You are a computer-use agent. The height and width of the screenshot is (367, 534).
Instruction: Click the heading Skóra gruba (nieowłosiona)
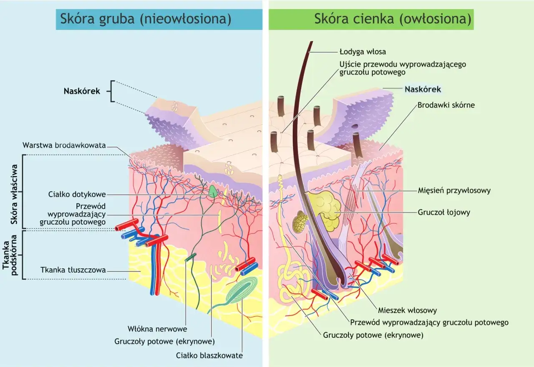pyautogui.click(x=146, y=19)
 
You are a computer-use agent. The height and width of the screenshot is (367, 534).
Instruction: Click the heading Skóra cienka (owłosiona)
pyautogui.click(x=393, y=19)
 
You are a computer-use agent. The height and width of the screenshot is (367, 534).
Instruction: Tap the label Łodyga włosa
pyautogui.click(x=363, y=52)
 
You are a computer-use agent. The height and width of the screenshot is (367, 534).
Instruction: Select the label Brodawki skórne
pyautogui.click(x=446, y=105)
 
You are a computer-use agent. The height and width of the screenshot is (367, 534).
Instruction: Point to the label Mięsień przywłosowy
pyautogui.click(x=454, y=190)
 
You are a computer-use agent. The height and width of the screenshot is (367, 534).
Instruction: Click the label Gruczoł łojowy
pyautogui.click(x=444, y=212)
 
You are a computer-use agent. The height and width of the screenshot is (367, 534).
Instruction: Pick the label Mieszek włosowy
pyautogui.click(x=408, y=310)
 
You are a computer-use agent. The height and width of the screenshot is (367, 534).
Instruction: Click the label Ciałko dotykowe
pyautogui.click(x=77, y=194)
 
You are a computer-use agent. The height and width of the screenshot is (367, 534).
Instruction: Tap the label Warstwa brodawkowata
pyautogui.click(x=64, y=145)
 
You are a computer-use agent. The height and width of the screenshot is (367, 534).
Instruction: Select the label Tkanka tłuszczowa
pyautogui.click(x=73, y=270)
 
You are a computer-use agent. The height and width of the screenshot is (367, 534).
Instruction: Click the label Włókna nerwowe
pyautogui.click(x=157, y=329)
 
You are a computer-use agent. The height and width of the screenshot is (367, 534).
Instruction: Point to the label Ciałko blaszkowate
pyautogui.click(x=209, y=355)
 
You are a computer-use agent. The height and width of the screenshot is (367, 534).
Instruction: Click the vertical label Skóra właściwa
pyautogui.click(x=14, y=194)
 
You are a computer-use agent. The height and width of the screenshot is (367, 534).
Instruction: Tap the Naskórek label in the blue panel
pyautogui.click(x=82, y=91)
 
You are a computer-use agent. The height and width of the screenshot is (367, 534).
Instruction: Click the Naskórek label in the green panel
pyautogui.click(x=423, y=89)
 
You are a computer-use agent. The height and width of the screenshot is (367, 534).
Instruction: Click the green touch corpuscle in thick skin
pyautogui.click(x=213, y=192)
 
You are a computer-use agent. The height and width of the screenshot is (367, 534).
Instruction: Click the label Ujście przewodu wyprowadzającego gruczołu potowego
pyautogui.click(x=403, y=68)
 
